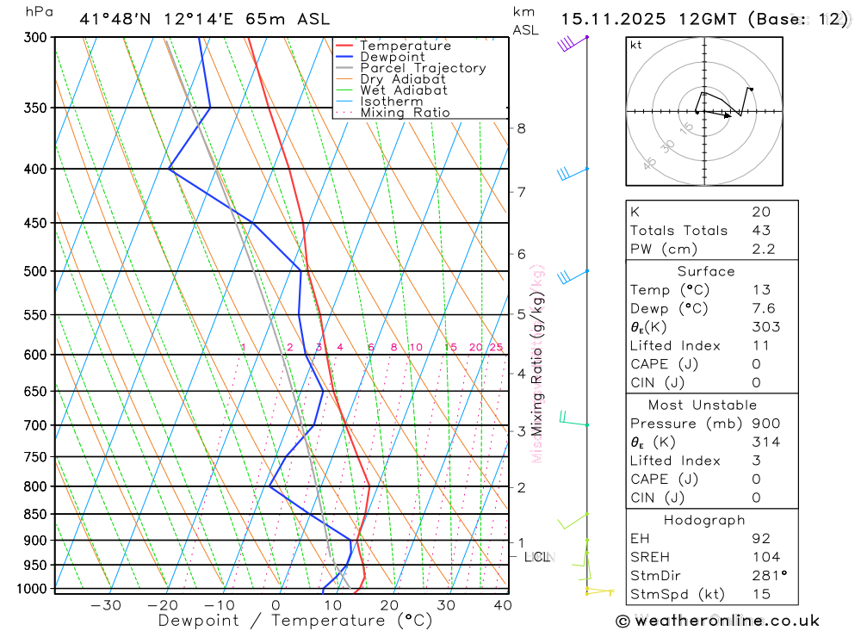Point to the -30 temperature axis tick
click(106, 605)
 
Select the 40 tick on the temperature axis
click(503, 605)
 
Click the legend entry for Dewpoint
click(393, 57)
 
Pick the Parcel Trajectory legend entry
click(423, 68)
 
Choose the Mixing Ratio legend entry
click(405, 113)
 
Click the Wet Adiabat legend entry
click(404, 90)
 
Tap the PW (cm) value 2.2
click(763, 249)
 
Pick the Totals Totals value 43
click(761, 231)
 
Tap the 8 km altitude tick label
click(521, 128)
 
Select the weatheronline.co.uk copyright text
click(717, 621)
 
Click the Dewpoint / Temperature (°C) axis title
click(294, 621)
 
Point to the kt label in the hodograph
click(636, 46)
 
